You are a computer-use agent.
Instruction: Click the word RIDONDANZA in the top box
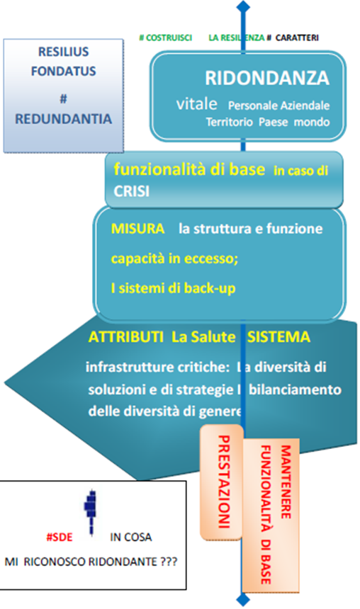point(267,78)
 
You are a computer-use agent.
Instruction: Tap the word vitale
point(197,103)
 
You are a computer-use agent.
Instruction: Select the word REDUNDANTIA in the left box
point(63,119)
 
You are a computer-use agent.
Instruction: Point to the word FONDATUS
point(63,71)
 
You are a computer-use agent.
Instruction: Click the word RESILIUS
point(63,52)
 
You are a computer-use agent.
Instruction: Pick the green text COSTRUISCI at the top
point(169,38)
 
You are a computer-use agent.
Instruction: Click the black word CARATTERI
point(297,38)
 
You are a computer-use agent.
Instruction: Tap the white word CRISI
point(131,191)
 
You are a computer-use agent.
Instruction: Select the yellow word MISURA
point(137,228)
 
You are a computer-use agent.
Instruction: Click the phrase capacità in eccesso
point(174,258)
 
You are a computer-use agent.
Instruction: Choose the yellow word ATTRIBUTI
point(126,337)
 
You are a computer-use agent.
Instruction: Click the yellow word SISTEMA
point(279,337)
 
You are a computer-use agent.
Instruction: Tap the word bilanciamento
point(295,389)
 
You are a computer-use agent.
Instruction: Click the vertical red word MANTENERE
point(286,482)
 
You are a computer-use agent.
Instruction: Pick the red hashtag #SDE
point(60,537)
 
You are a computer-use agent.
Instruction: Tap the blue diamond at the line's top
point(243,6)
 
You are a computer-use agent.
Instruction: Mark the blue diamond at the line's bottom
point(243,600)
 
